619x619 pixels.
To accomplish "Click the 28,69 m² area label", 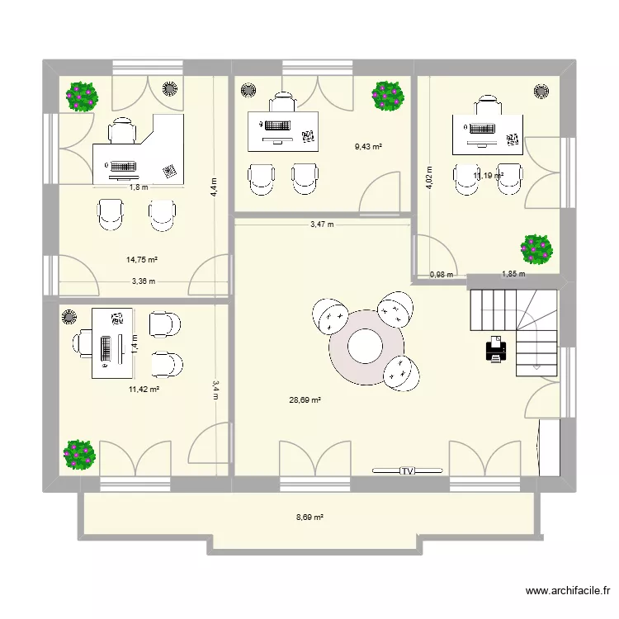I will pyautogui.click(x=305, y=400).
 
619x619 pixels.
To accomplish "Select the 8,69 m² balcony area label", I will pyautogui.click(x=309, y=518).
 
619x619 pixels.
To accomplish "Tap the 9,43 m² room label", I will pyautogui.click(x=368, y=147).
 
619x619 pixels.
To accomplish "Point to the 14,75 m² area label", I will pyautogui.click(x=142, y=259).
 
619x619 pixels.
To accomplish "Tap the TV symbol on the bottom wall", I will pyautogui.click(x=407, y=471).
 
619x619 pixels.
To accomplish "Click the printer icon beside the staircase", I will pyautogui.click(x=496, y=349).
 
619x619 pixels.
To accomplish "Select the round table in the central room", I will pyautogui.click(x=364, y=347).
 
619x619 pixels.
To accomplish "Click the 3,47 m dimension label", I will pyautogui.click(x=322, y=224).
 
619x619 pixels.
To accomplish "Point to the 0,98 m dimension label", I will pyautogui.click(x=442, y=275).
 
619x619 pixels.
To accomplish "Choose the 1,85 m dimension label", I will pyautogui.click(x=513, y=275).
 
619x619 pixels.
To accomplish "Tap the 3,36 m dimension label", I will pyautogui.click(x=143, y=281).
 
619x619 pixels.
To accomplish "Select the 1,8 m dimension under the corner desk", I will pyautogui.click(x=138, y=187).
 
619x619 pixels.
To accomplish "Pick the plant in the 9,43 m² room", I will pyautogui.click(x=387, y=96).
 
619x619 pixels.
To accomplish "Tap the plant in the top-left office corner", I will pyautogui.click(x=83, y=96).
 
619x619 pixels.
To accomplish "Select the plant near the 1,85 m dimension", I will pyautogui.click(x=536, y=249).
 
